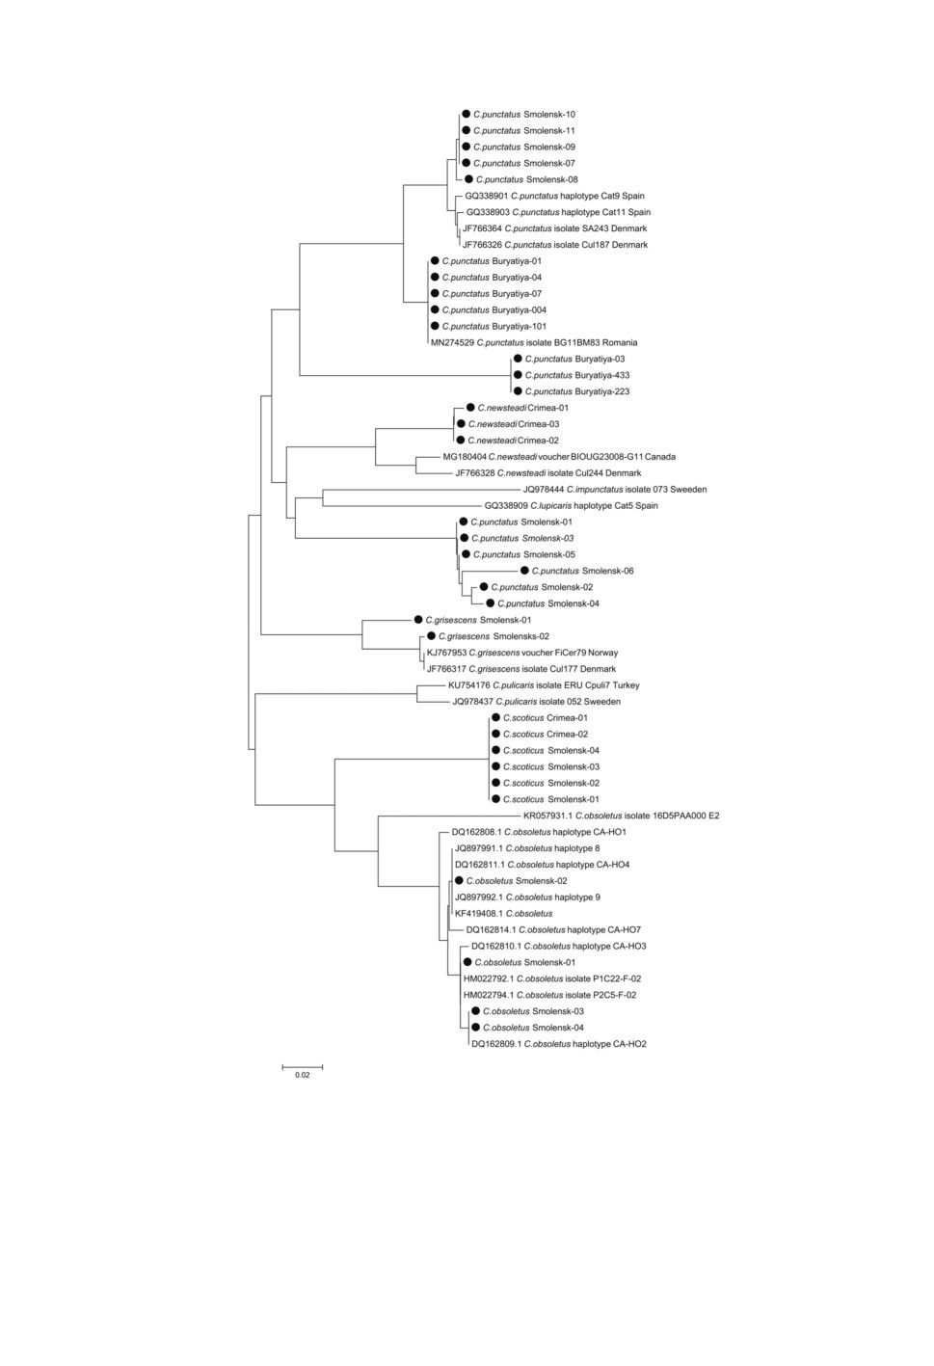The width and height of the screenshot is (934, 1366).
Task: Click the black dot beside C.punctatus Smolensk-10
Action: pos(466,114)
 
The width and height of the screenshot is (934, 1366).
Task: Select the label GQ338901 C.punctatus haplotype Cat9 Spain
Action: pos(555,196)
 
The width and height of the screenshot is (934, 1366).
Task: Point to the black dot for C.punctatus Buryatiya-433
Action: pos(518,375)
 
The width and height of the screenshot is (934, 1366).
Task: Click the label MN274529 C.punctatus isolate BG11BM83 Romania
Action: pos(534,343)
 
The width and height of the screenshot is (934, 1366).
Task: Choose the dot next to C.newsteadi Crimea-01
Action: pos(470,408)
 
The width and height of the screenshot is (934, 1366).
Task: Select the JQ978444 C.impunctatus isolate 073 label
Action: pos(615,489)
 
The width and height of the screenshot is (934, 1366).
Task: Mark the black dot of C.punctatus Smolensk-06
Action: pos(524,571)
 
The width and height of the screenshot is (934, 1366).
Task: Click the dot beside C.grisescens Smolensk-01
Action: pos(418,620)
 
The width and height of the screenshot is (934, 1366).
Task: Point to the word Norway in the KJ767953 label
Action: pos(603,653)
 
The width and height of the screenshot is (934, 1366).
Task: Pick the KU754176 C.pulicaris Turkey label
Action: pos(544,685)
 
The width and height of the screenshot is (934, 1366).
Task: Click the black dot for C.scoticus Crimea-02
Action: pos(495,735)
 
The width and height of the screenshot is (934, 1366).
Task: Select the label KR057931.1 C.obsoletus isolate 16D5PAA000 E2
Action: pos(622,816)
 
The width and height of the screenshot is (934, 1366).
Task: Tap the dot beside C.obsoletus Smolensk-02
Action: pos(459,880)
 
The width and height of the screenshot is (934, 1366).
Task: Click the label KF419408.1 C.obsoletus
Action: pos(503,914)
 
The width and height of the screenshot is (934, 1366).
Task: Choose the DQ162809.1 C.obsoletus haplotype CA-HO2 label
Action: pos(559,1044)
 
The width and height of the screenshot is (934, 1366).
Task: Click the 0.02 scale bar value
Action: pos(303,1075)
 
